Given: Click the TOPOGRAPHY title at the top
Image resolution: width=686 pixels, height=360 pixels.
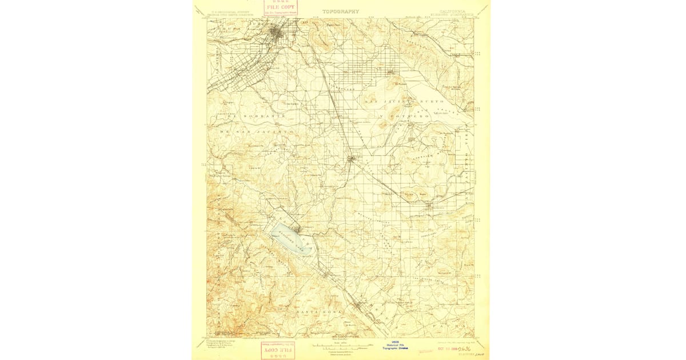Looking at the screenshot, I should click(341, 11).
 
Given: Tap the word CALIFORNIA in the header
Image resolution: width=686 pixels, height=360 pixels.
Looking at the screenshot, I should click(452, 10).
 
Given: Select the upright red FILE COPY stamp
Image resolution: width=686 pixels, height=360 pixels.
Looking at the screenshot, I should click(281, 7).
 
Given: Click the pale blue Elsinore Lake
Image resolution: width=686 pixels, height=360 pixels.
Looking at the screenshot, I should click(291, 238).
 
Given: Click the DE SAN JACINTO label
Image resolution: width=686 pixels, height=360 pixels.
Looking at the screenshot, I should click(257, 131).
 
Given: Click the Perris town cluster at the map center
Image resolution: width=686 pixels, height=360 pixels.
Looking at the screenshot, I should click(352, 158).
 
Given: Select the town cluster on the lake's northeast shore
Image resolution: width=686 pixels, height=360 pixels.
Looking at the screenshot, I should click(297, 229).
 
